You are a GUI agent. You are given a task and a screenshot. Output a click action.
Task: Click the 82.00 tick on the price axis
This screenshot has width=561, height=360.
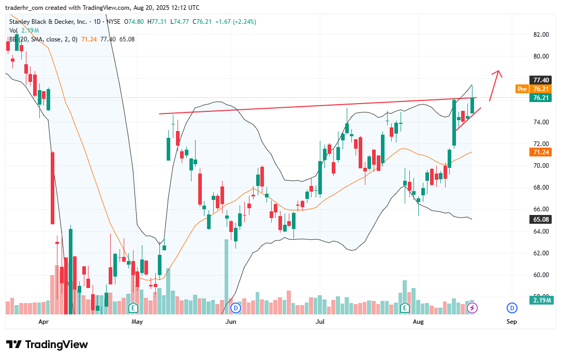[541, 35]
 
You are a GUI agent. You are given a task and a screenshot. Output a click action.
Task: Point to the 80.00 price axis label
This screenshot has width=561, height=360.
[541, 56]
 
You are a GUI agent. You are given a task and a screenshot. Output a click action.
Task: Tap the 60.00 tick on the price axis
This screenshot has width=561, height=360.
[541, 275]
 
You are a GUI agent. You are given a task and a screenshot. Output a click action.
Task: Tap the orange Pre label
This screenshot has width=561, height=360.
[522, 89]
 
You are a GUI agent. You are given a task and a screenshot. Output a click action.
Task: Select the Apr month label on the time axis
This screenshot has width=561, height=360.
[43, 322]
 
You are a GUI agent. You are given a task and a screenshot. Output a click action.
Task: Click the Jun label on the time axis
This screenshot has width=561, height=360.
[231, 322]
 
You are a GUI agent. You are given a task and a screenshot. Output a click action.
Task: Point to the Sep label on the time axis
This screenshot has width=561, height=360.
[511, 322]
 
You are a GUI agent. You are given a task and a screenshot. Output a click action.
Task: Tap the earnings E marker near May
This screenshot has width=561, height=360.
[134, 308]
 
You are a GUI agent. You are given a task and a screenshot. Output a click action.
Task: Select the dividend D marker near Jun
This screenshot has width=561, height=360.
[236, 308]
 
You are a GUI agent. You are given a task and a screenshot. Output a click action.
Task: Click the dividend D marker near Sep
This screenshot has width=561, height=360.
[512, 308]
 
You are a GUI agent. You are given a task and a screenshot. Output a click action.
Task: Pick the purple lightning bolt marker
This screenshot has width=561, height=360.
[472, 308]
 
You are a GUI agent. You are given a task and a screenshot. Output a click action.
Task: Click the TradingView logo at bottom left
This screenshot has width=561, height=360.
[47, 344]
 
